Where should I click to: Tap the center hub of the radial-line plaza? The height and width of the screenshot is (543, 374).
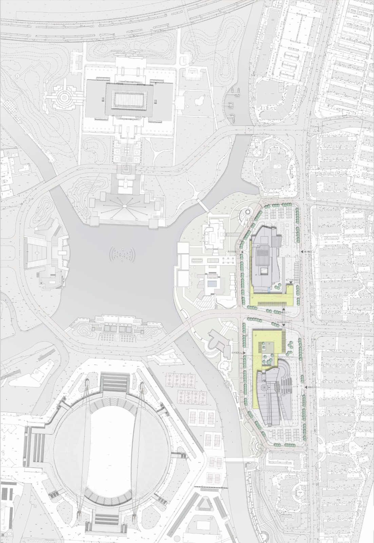coord(125,206)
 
